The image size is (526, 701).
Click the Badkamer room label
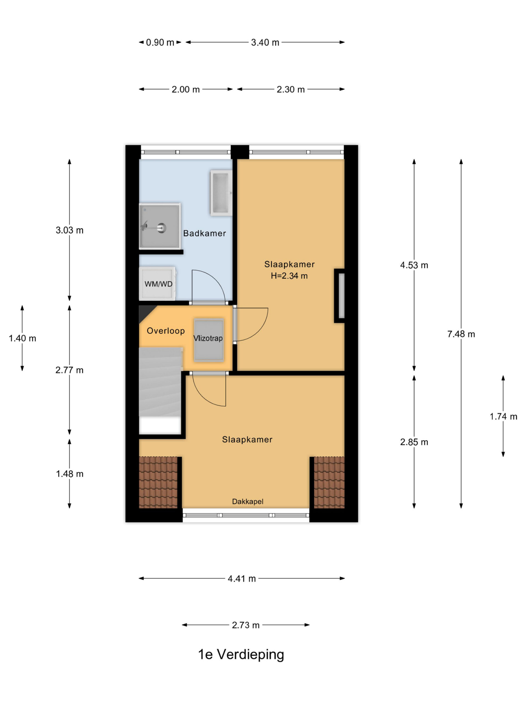[x=204, y=234]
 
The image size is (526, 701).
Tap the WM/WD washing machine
[x=158, y=284]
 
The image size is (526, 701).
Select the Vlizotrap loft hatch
[x=209, y=340]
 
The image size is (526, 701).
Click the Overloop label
[x=165, y=331]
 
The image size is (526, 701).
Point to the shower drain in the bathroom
[x=162, y=227]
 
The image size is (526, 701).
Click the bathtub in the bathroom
[x=221, y=193]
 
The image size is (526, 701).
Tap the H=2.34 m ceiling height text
[x=289, y=276]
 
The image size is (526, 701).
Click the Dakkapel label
[x=248, y=501]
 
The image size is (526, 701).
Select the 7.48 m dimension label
[x=461, y=334]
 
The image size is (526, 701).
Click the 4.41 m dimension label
[x=242, y=579]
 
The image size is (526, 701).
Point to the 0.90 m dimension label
[x=160, y=42]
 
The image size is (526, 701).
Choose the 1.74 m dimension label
[x=503, y=416]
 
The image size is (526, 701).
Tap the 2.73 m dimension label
[x=246, y=625]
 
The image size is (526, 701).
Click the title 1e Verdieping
[x=241, y=654]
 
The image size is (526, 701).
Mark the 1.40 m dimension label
[x=22, y=338]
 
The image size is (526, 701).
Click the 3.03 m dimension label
[x=69, y=230]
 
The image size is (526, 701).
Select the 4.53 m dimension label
[x=414, y=265]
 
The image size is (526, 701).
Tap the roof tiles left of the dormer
[x=158, y=482]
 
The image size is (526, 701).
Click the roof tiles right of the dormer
[x=329, y=482]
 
